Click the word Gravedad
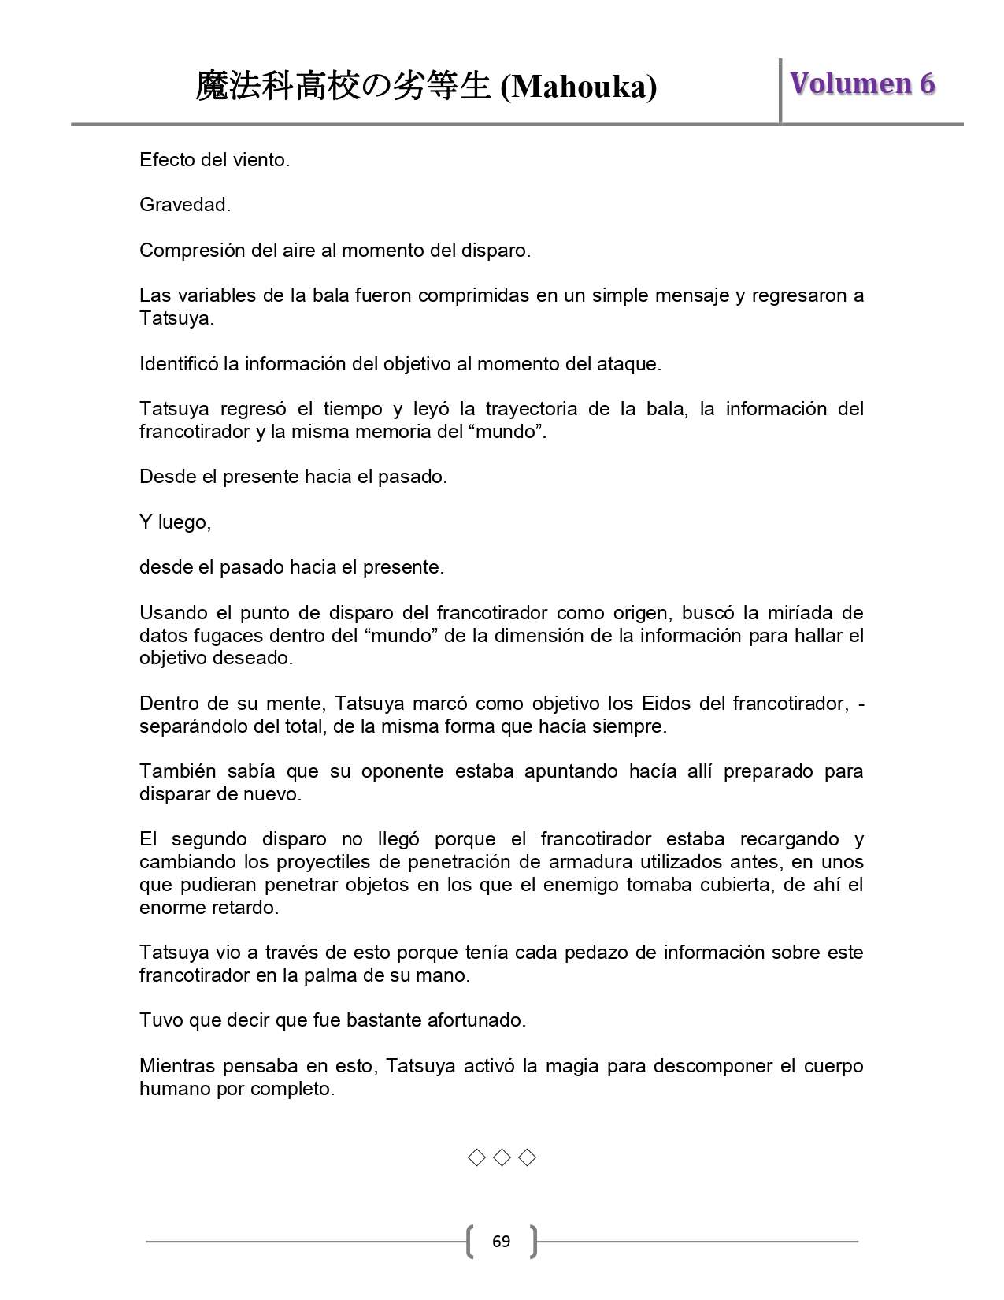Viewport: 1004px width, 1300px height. coord(184,205)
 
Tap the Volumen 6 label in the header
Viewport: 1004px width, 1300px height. coord(862,84)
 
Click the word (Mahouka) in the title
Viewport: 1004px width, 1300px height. coord(579,87)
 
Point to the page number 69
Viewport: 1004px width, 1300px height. coord(501,1242)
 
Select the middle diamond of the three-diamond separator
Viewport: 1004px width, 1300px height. coord(502,1157)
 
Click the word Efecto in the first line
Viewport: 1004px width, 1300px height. coord(168,160)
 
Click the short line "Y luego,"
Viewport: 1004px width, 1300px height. coord(175,522)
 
